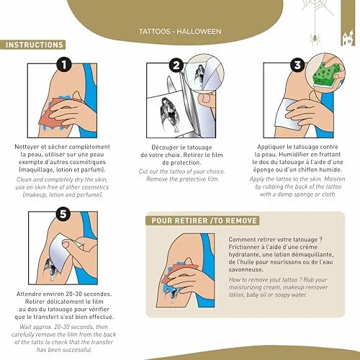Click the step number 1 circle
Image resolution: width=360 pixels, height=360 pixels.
(64, 65)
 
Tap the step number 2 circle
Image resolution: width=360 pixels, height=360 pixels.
(176, 66)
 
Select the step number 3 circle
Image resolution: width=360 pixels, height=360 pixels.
(297, 65)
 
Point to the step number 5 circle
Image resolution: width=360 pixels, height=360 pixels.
(63, 213)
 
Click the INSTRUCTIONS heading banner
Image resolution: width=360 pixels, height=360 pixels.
(32, 45)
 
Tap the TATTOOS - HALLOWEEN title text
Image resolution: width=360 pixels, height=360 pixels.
(180, 32)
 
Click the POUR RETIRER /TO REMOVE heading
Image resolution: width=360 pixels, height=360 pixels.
(203, 220)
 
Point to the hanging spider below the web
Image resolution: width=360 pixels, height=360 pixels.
(315, 39)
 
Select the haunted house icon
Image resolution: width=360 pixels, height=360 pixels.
(348, 37)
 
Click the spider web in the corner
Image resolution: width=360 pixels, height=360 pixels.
(318, 7)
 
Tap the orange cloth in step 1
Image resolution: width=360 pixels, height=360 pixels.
(55, 112)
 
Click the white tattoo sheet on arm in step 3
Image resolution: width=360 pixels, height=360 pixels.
(288, 114)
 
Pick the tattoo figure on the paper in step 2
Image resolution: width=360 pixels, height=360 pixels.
(169, 114)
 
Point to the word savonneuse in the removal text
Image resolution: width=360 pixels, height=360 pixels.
(246, 269)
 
